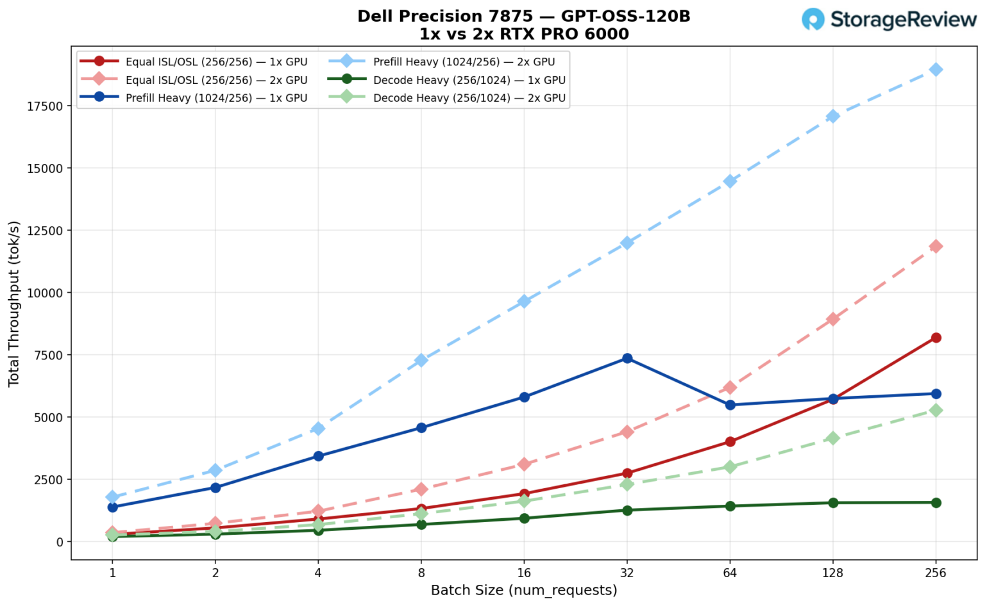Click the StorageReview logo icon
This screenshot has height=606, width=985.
tap(813, 19)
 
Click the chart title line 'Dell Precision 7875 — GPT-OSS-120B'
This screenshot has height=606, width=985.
tap(523, 16)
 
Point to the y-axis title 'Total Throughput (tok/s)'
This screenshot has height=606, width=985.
tap(14, 303)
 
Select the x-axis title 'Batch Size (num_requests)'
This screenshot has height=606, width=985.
tap(523, 590)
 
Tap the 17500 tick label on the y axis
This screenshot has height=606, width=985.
tap(45, 106)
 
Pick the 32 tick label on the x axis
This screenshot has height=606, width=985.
tap(627, 573)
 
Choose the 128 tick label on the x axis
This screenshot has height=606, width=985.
tap(832, 573)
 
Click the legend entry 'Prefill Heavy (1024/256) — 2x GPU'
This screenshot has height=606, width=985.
tap(464, 62)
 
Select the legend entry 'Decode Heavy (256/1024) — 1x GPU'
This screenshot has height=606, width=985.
tap(469, 80)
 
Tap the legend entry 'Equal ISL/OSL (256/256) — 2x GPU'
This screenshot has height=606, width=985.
tap(216, 80)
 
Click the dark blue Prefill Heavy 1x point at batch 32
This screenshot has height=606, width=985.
tap(627, 358)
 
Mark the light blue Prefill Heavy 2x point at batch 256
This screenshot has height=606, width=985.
tap(936, 69)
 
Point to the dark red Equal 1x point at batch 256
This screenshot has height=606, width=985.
tap(936, 338)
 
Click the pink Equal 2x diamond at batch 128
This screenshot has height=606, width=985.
tap(832, 319)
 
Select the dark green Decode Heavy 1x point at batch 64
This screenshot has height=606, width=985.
tap(730, 506)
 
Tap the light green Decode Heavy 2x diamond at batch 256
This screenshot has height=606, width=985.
tap(936, 410)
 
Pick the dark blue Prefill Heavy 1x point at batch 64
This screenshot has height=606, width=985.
tap(730, 405)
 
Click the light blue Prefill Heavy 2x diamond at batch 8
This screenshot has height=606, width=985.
tap(421, 360)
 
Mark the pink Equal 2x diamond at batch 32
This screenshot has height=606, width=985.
tap(627, 432)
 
